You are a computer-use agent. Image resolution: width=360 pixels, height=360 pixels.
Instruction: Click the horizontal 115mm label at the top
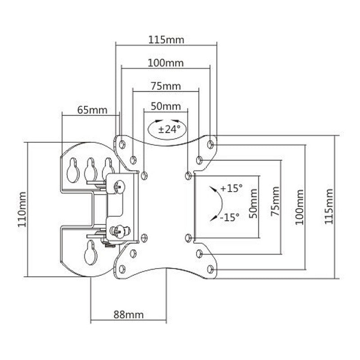166,40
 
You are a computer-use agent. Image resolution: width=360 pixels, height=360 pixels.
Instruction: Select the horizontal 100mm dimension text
166,63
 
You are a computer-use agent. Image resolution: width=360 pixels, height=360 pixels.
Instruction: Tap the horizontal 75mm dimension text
165,86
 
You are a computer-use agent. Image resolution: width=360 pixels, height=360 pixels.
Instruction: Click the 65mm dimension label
89,109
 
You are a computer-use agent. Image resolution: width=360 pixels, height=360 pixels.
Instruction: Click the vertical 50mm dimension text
254,207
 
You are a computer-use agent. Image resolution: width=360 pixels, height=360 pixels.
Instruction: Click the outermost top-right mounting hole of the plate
211,144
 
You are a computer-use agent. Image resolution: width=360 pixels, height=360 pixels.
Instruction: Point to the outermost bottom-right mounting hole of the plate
211,269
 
